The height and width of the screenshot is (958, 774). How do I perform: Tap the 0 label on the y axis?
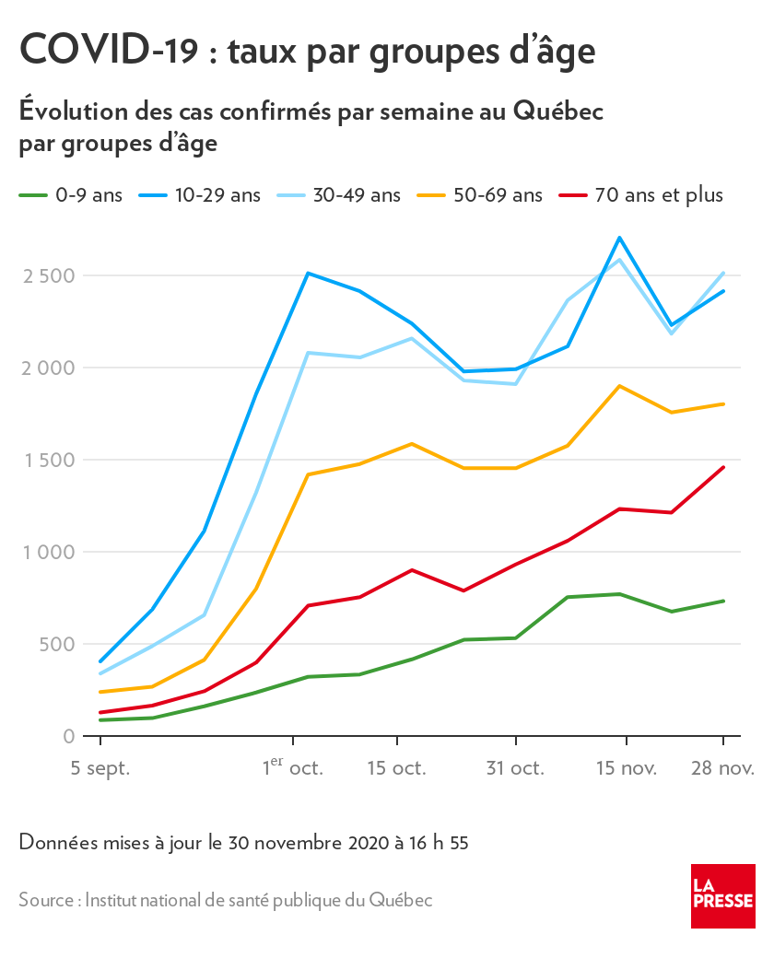68,736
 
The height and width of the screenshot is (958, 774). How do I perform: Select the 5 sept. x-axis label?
99,768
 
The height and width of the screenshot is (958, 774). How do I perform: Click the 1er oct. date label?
292,767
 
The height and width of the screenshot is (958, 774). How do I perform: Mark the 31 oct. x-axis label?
516,768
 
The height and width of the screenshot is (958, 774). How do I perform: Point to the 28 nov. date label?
722,768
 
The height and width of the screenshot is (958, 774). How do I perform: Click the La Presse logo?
723,895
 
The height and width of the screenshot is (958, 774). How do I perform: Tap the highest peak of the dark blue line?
620,238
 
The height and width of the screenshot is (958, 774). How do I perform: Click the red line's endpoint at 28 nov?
723,467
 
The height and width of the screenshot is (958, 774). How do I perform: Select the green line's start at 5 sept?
100,719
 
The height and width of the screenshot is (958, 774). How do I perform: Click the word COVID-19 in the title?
108,50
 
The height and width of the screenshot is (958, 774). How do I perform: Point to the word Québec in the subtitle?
557,111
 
